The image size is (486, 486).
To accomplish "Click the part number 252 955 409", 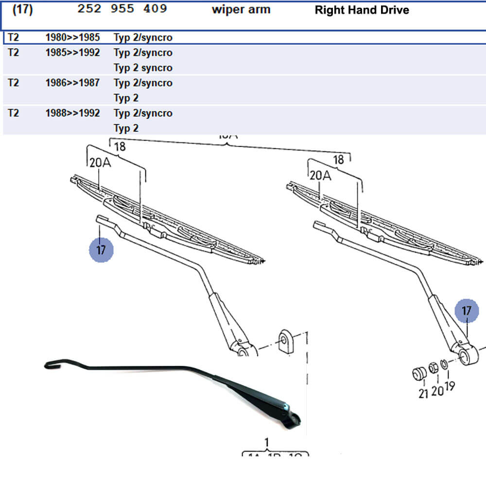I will (122, 9).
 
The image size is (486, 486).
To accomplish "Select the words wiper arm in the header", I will (241, 10).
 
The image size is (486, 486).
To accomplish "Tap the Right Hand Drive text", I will (362, 10).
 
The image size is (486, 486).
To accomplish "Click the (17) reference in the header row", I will (22, 9).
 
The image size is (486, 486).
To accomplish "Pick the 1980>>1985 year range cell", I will (72, 37).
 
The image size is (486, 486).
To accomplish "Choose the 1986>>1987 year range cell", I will (72, 83).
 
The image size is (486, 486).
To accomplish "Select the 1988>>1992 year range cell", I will (72, 113).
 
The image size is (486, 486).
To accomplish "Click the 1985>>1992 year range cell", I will (72, 52).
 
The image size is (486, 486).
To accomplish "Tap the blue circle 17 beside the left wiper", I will (101, 250).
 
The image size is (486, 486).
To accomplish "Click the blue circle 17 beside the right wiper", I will (467, 311).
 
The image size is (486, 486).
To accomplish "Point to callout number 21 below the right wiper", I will (423, 393).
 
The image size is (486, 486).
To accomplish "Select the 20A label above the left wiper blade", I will (100, 163).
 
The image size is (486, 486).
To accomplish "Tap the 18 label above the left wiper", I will (120, 146).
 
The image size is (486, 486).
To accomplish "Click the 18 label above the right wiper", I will (338, 159).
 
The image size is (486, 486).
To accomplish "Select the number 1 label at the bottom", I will (266, 442).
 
